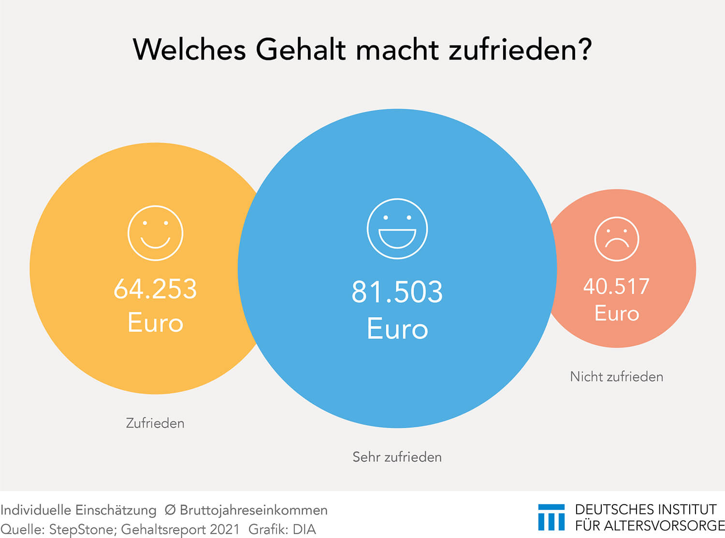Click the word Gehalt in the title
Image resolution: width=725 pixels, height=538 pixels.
pyautogui.click(x=301, y=49)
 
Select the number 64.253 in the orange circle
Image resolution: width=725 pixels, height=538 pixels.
pyautogui.click(x=155, y=289)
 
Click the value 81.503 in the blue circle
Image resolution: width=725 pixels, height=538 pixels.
pyautogui.click(x=397, y=292)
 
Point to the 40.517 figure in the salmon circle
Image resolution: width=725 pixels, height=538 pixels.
pyautogui.click(x=616, y=286)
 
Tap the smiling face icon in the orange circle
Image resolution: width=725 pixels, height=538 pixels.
pyautogui.click(x=155, y=233)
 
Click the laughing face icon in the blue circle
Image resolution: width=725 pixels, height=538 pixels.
pyautogui.click(x=397, y=229)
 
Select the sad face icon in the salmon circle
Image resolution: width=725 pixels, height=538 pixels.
pyautogui.click(x=616, y=239)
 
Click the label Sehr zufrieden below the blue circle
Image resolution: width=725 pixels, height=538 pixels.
pyautogui.click(x=397, y=457)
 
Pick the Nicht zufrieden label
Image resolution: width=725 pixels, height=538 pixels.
pyautogui.click(x=616, y=377)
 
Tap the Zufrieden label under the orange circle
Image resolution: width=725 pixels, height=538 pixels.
pyautogui.click(x=155, y=423)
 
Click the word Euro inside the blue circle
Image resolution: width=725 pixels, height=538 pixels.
pyautogui.click(x=397, y=329)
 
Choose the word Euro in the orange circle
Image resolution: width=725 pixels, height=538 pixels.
pyautogui.click(x=155, y=322)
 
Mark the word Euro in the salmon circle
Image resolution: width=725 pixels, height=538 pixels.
pyautogui.click(x=617, y=313)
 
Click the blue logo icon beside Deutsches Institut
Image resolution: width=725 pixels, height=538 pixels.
pyautogui.click(x=551, y=517)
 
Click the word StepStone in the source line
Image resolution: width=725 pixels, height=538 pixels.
pyautogui.click(x=82, y=529)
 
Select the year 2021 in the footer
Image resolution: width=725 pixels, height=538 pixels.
pyautogui.click(x=224, y=529)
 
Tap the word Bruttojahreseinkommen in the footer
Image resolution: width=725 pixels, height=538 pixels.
pyautogui.click(x=253, y=510)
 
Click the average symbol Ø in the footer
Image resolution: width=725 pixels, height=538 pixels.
pyautogui.click(x=170, y=510)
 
